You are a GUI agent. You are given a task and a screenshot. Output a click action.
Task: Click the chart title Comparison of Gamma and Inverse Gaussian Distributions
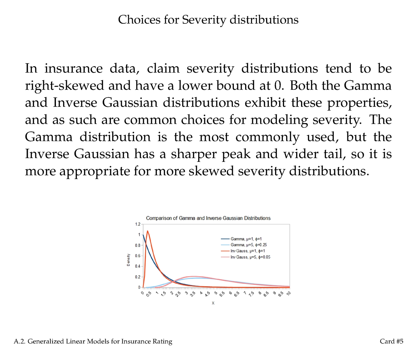tap(208, 218)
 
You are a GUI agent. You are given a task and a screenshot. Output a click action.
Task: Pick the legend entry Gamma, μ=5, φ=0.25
tap(249, 245)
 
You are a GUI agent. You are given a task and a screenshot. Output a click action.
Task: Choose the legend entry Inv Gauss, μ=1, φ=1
tap(248, 251)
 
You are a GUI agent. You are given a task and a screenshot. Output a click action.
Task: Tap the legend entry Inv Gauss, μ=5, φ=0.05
tap(250, 257)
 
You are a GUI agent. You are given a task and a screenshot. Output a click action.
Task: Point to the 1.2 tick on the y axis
tap(138, 224)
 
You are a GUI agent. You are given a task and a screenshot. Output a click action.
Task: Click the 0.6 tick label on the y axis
tap(138, 256)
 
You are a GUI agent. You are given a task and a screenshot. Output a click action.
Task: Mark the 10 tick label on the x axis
tap(289, 293)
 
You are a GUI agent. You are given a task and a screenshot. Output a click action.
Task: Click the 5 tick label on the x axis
tap(216, 293)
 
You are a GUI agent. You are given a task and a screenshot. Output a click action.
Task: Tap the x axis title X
tap(213, 303)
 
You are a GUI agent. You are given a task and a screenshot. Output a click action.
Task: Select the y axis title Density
tap(128, 260)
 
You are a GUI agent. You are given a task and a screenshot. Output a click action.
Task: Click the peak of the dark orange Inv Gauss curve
tap(147, 231)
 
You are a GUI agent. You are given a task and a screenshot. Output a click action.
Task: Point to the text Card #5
tap(391, 341)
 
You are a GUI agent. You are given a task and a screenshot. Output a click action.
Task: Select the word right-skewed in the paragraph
tap(64, 86)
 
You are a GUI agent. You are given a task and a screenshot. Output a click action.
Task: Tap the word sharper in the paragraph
tap(193, 154)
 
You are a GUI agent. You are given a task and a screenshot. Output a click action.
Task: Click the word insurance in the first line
tap(73, 69)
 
